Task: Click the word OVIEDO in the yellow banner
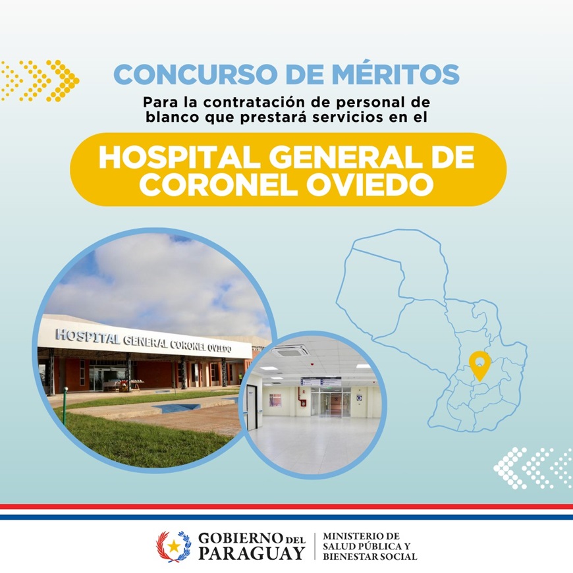(369, 184)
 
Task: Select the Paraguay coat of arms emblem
(174, 546)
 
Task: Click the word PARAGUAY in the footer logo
(252, 553)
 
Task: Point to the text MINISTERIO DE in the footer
(361, 536)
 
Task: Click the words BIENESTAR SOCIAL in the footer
(369, 557)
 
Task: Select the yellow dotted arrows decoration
(40, 81)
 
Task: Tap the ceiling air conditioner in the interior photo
(290, 352)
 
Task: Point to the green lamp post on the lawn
(65, 406)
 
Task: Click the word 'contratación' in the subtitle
(254, 102)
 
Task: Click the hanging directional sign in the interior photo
(321, 381)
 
